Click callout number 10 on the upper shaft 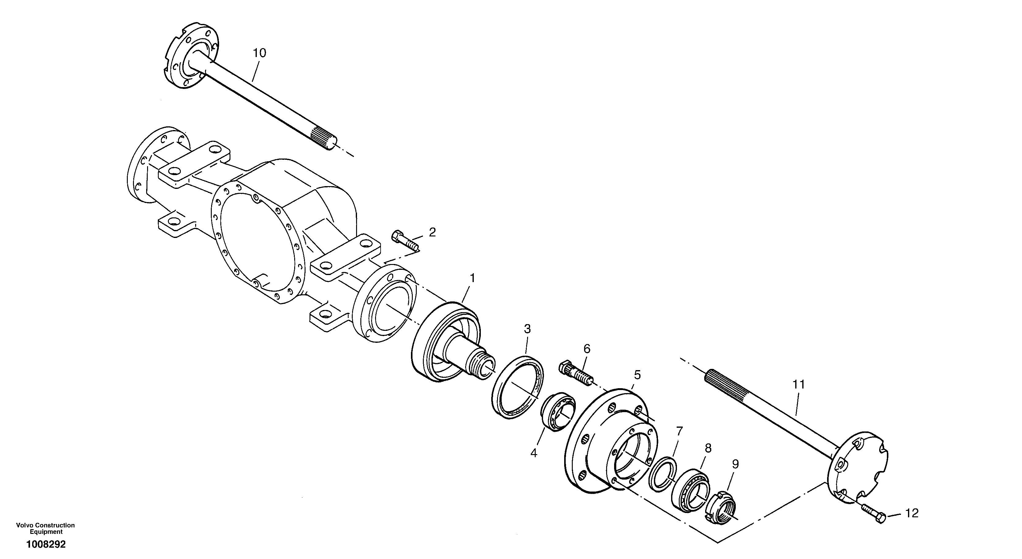pyautogui.click(x=260, y=53)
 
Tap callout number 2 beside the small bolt pyautogui.click(x=432, y=232)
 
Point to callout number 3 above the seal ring pyautogui.click(x=527, y=329)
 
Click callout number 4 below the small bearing pyautogui.click(x=534, y=453)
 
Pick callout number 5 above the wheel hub pyautogui.click(x=637, y=374)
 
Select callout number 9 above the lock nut pyautogui.click(x=735, y=464)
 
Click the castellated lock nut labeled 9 pyautogui.click(x=721, y=506)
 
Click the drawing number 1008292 pyautogui.click(x=46, y=544)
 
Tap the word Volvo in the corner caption pyautogui.click(x=24, y=525)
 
